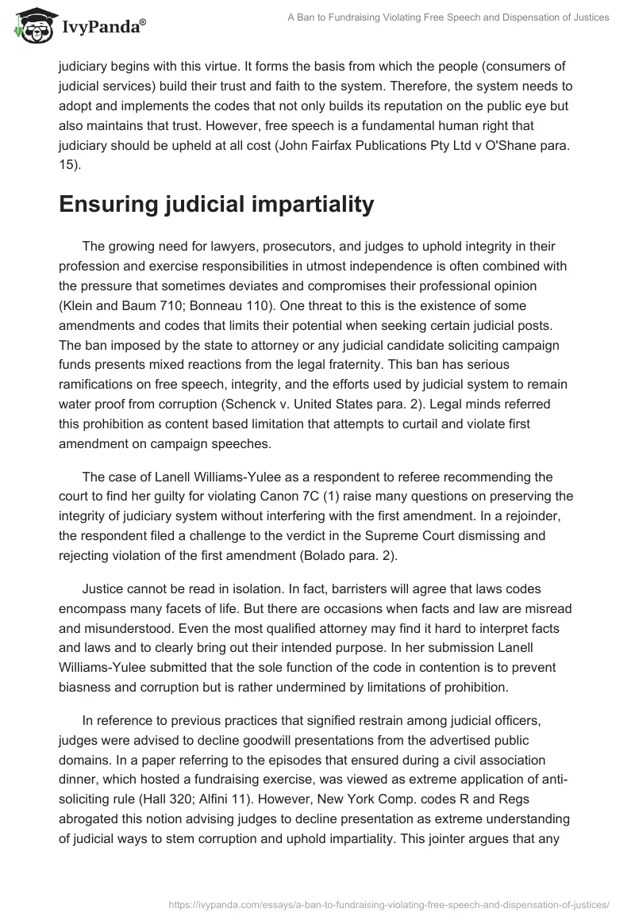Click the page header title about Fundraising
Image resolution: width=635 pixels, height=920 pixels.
(x=448, y=17)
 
